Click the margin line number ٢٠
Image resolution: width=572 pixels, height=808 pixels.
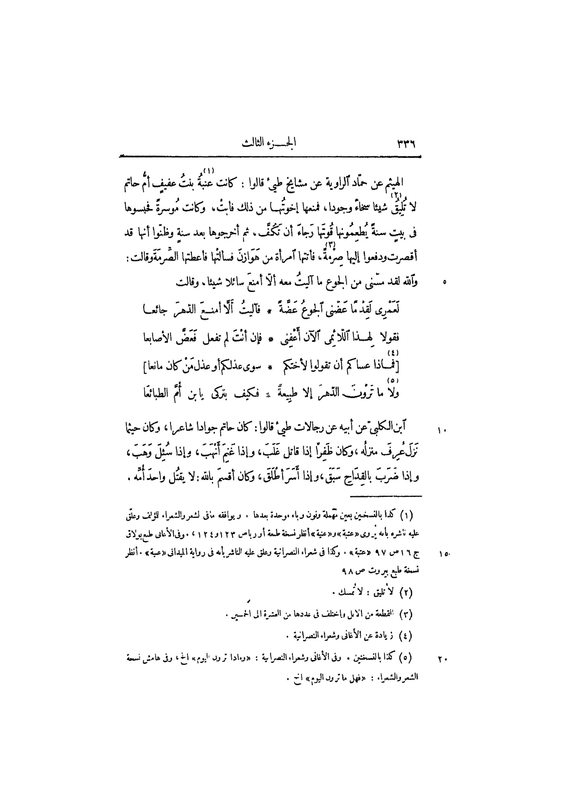pos(442,658)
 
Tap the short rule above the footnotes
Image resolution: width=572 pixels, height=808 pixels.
pos(386,496)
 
